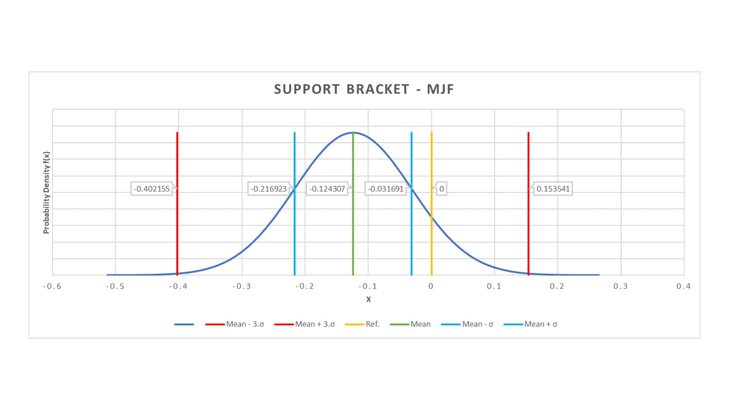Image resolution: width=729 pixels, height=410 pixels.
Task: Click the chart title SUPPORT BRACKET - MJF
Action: [364, 89]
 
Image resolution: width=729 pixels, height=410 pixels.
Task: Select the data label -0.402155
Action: [151, 189]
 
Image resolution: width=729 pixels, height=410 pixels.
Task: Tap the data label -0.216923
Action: [268, 189]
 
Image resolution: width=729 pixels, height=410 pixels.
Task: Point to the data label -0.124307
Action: [327, 189]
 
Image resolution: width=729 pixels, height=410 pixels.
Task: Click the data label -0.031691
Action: [385, 189]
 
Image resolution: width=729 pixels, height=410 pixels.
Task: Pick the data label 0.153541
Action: [553, 189]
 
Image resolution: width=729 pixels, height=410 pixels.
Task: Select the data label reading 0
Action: [441, 189]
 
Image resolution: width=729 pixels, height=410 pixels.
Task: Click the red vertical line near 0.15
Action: [529, 228]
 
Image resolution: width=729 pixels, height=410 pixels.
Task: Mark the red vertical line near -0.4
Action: [177, 228]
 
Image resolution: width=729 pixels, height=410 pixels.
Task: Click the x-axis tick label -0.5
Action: [115, 286]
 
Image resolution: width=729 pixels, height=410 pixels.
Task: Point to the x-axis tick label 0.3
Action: [620, 286]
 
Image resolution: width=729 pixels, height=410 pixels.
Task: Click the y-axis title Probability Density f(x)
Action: [46, 192]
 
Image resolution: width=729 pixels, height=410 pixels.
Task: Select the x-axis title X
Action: [368, 299]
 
